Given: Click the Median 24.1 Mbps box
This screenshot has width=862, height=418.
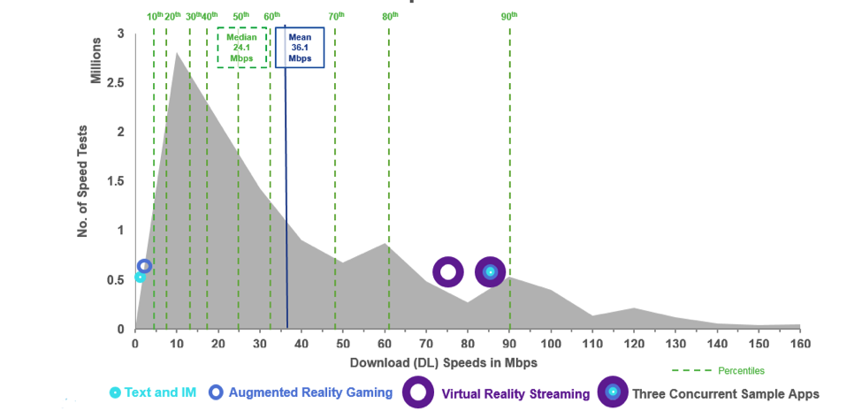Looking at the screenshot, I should pyautogui.click(x=242, y=48).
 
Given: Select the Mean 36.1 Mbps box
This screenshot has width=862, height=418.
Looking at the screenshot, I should pyautogui.click(x=300, y=48).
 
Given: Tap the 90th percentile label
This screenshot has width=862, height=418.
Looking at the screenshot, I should pyautogui.click(x=508, y=16).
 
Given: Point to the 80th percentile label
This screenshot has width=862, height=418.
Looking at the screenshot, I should pyautogui.click(x=389, y=16).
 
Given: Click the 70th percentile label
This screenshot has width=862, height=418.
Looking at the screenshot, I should pyautogui.click(x=336, y=16).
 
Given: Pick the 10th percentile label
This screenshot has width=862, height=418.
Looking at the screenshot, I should pyautogui.click(x=155, y=16).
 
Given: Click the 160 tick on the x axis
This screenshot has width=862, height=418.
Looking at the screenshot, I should pyautogui.click(x=800, y=344).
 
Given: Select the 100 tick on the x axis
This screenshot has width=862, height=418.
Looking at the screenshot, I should pyautogui.click(x=551, y=344).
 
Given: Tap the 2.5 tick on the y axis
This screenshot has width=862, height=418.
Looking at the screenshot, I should pyautogui.click(x=115, y=83).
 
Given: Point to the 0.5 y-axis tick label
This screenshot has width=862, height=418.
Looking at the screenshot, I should pyautogui.click(x=115, y=280).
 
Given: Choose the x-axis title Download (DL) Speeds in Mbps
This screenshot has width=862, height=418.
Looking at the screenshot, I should pyautogui.click(x=443, y=362).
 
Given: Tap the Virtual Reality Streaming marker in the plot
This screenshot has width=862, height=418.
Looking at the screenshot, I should pyautogui.click(x=447, y=271).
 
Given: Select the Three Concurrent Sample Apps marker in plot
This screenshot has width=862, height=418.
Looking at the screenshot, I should pyautogui.click(x=490, y=271).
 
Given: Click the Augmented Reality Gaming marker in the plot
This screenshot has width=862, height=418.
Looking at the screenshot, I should pyautogui.click(x=145, y=266).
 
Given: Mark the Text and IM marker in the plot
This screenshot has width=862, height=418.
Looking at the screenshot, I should pyautogui.click(x=139, y=277).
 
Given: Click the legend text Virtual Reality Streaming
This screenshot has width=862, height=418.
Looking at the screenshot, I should pyautogui.click(x=515, y=394).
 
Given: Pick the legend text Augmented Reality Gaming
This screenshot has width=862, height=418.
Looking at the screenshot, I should pyautogui.click(x=310, y=392).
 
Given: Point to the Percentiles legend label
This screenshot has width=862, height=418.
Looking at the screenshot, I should pyautogui.click(x=740, y=371).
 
